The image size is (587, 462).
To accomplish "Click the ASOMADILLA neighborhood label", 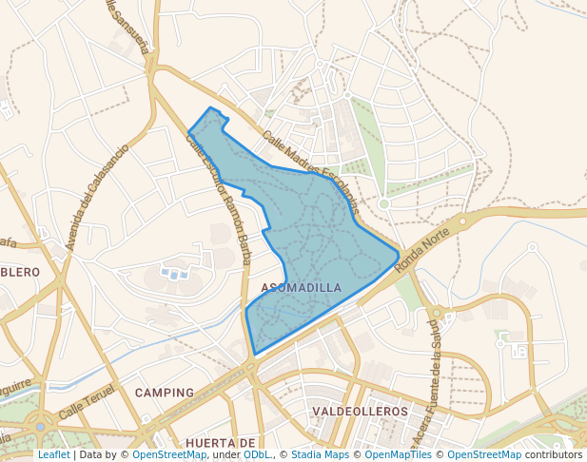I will [x=300, y=287].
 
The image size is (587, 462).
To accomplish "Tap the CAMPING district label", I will [x=165, y=392].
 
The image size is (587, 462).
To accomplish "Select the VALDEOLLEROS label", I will [x=360, y=412].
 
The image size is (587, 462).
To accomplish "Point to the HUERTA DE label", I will [x=220, y=443].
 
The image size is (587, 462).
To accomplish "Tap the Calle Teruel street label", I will [x=87, y=403].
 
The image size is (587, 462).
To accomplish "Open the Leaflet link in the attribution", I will [x=53, y=454].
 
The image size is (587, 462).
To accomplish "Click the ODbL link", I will [x=257, y=454].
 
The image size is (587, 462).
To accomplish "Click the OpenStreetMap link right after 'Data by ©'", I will [x=168, y=454].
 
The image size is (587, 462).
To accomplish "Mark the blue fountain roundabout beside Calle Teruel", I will [x=41, y=427].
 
